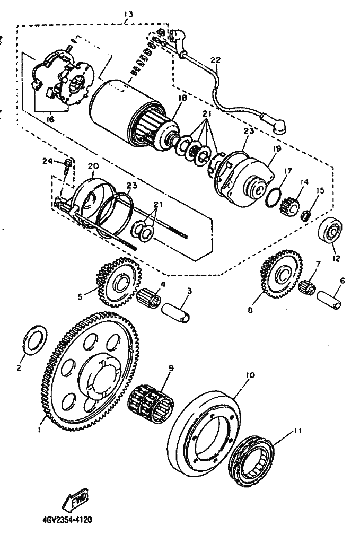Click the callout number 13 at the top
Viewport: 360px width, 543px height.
point(128,13)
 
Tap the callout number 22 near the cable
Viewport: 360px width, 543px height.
point(215,60)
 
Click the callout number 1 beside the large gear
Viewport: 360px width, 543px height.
point(40,431)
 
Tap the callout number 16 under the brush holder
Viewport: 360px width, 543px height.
point(50,120)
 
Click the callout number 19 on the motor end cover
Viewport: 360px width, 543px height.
point(276,150)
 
